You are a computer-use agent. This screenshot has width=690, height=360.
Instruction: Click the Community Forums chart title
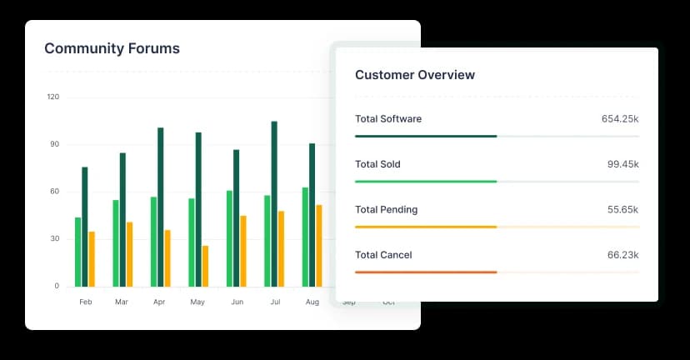click(112, 48)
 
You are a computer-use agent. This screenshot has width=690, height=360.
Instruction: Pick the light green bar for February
click(77, 252)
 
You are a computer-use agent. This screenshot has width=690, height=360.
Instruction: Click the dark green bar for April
click(161, 207)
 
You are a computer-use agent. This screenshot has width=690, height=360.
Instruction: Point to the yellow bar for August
click(319, 245)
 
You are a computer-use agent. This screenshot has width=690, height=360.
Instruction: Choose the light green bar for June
click(229, 238)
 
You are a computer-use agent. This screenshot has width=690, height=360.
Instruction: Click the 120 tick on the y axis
click(53, 97)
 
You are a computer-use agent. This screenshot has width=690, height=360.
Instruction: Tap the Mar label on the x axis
click(122, 302)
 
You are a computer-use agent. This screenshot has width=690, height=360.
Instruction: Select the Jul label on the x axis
click(274, 302)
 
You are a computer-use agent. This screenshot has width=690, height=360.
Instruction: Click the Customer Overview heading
click(415, 75)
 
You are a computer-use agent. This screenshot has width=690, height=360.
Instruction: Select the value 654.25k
click(620, 119)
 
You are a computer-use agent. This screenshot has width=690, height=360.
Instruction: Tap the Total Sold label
click(377, 164)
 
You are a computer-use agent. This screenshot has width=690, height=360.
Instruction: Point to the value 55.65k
click(622, 210)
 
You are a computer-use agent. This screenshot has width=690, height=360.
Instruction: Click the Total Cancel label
click(383, 255)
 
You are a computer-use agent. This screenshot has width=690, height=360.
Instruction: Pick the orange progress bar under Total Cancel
click(426, 272)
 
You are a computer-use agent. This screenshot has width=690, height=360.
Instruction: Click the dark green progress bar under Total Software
click(426, 136)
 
